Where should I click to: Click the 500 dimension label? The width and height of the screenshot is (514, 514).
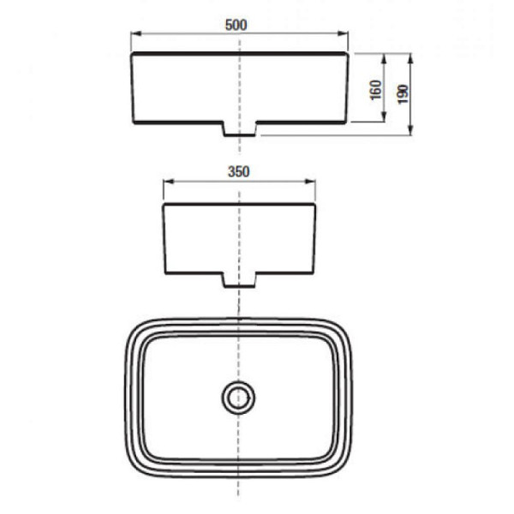pos(236,25)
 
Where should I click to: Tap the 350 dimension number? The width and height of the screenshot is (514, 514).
pos(239,172)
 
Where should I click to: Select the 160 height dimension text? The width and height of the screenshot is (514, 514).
pos(376,90)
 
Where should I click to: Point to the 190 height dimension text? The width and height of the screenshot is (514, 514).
pos(403,94)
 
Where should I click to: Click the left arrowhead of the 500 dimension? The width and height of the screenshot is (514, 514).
pos(135,33)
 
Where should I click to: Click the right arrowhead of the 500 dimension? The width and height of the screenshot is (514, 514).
pos(343,33)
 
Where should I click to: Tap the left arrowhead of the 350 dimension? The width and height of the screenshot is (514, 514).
pos(169,182)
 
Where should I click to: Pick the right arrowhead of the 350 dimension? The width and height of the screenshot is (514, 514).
pos(310,182)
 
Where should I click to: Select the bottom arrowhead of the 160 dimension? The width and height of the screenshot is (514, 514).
pos(385,117)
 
